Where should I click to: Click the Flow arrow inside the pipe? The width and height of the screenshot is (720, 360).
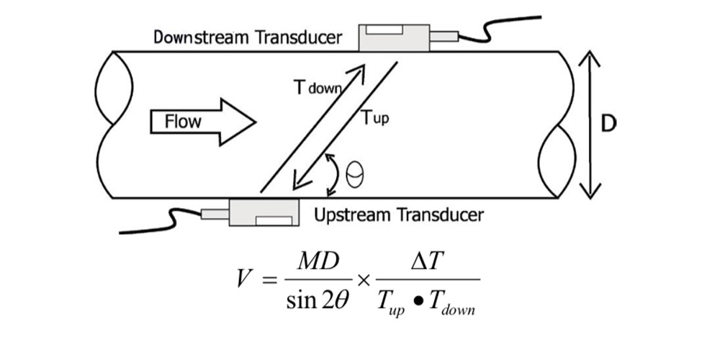click(x=202, y=121)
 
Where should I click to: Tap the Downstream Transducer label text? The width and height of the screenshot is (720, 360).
click(x=248, y=37)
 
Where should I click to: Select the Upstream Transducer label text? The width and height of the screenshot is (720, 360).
click(x=399, y=215)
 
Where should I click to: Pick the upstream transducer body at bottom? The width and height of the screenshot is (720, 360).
click(x=264, y=212)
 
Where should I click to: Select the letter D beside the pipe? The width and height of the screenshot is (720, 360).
click(x=608, y=125)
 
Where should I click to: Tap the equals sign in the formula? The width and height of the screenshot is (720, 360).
click(x=266, y=279)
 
